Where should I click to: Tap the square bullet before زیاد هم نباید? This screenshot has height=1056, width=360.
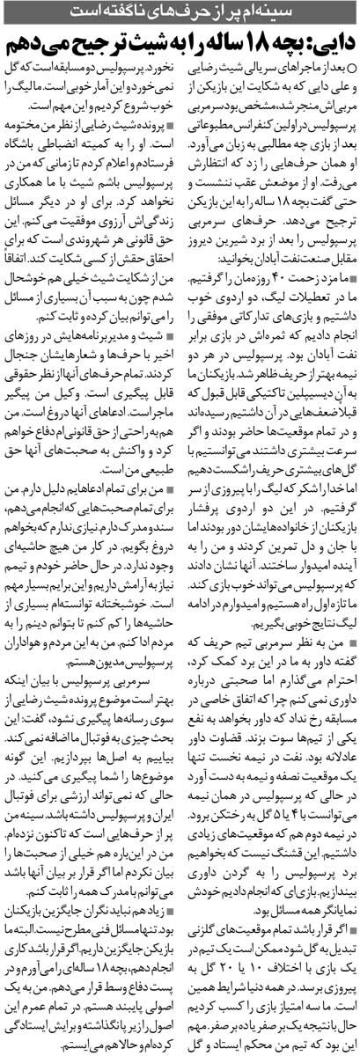click(x=171, y=891)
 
